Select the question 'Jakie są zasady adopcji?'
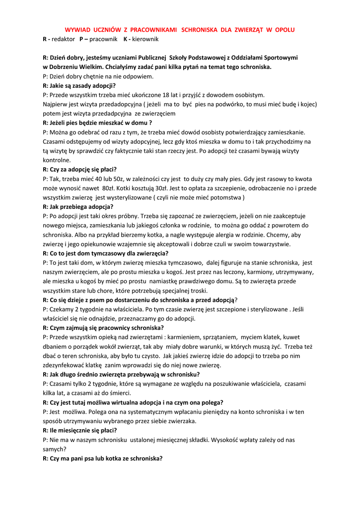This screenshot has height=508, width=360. click(79, 85)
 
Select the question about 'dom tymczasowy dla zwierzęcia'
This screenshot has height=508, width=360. click(105, 253)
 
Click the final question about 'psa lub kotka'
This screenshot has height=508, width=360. click(102, 458)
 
